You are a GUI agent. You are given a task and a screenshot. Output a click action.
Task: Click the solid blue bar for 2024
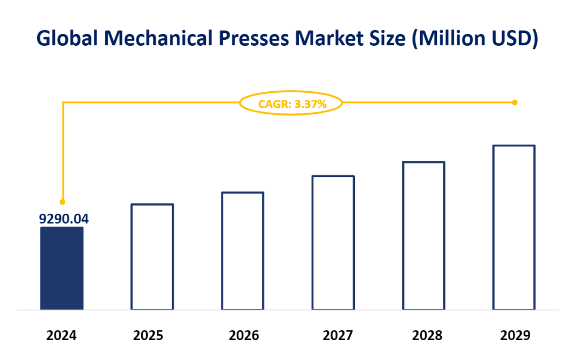pos(62,268)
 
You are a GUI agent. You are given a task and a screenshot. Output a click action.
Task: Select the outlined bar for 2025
pos(153,257)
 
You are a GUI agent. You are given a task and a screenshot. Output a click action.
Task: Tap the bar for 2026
pos(243,251)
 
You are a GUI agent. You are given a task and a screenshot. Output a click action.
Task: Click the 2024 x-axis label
pos(61,335)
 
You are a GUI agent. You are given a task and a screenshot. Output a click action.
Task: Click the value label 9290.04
pos(64,219)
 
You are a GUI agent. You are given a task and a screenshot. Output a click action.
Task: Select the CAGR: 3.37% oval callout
pos(292,104)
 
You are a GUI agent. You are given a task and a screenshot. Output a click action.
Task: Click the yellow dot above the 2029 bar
pos(515,102)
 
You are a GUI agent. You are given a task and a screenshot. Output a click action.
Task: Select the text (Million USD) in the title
pos(475,39)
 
